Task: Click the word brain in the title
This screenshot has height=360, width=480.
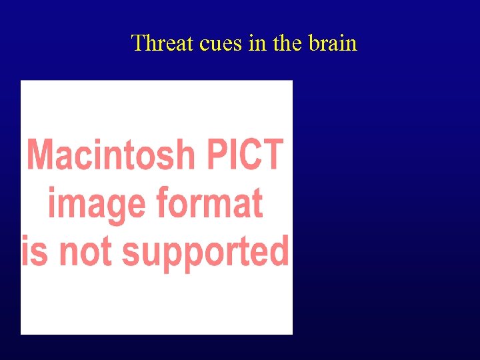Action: (333, 43)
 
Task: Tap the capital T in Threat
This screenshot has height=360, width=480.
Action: (138, 43)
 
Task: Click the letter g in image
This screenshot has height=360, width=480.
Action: (121, 207)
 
